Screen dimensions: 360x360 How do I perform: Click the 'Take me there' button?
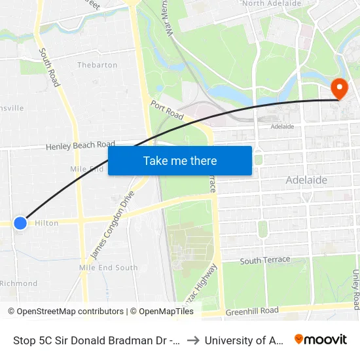tap(180, 160)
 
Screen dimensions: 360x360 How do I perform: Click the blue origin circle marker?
tap(20, 223)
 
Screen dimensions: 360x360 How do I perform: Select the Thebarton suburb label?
tap(97, 65)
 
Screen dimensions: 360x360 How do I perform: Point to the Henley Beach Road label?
tap(80, 145)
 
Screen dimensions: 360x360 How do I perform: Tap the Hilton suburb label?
tap(46, 223)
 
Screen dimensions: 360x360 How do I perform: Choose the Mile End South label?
tap(108, 268)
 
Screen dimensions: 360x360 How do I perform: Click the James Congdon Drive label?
tap(111, 225)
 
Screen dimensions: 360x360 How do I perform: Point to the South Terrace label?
tap(264, 260)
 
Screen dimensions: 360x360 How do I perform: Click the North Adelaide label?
tap(272, 4)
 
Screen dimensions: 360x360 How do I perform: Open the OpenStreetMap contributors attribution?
tap(65, 312)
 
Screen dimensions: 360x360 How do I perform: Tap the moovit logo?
tap(321, 340)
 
